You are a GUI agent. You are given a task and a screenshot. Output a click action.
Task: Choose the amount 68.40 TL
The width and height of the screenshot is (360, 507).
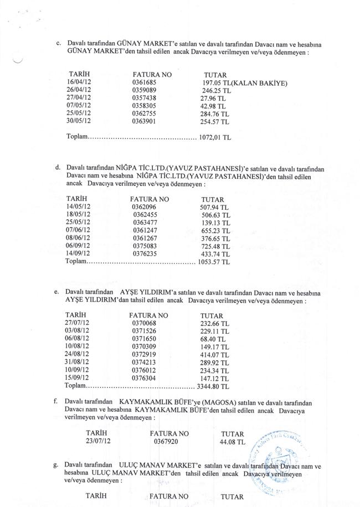[213, 339]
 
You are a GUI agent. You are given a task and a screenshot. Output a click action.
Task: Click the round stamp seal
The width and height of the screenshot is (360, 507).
[285, 454]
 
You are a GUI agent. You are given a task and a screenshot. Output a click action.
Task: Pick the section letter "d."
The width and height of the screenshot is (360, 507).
[58, 167]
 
